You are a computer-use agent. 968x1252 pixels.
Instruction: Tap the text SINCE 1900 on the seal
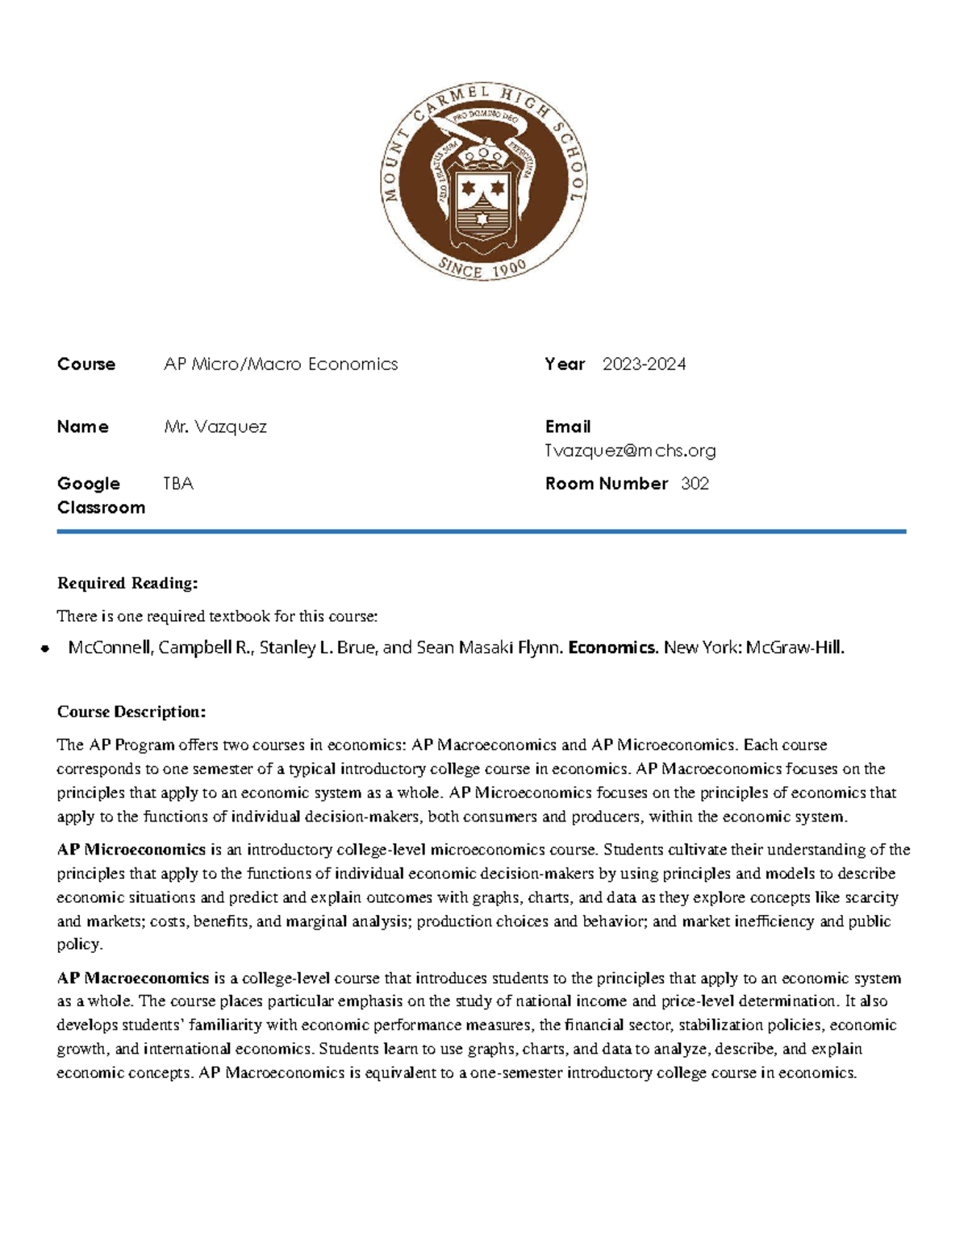482,268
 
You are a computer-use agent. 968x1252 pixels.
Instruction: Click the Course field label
86,364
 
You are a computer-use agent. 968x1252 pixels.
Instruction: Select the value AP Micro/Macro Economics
281,364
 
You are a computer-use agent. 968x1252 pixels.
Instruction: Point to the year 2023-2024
644,364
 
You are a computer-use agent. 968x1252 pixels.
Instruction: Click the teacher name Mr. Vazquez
215,426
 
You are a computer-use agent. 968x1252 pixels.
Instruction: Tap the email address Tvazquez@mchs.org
630,451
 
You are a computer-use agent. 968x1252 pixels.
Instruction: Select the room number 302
695,484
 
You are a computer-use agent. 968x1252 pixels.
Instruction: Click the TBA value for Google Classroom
178,484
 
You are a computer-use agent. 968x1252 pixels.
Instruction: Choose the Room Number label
606,484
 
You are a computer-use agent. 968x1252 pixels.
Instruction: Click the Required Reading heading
127,583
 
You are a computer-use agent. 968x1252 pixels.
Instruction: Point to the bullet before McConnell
45,648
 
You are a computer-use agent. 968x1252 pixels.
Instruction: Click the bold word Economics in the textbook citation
613,647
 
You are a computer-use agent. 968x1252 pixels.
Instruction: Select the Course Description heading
131,712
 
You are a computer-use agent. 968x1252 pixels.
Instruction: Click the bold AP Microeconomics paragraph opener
131,849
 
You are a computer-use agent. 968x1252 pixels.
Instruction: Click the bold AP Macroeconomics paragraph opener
133,978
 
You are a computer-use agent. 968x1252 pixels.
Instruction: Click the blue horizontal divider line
482,531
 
